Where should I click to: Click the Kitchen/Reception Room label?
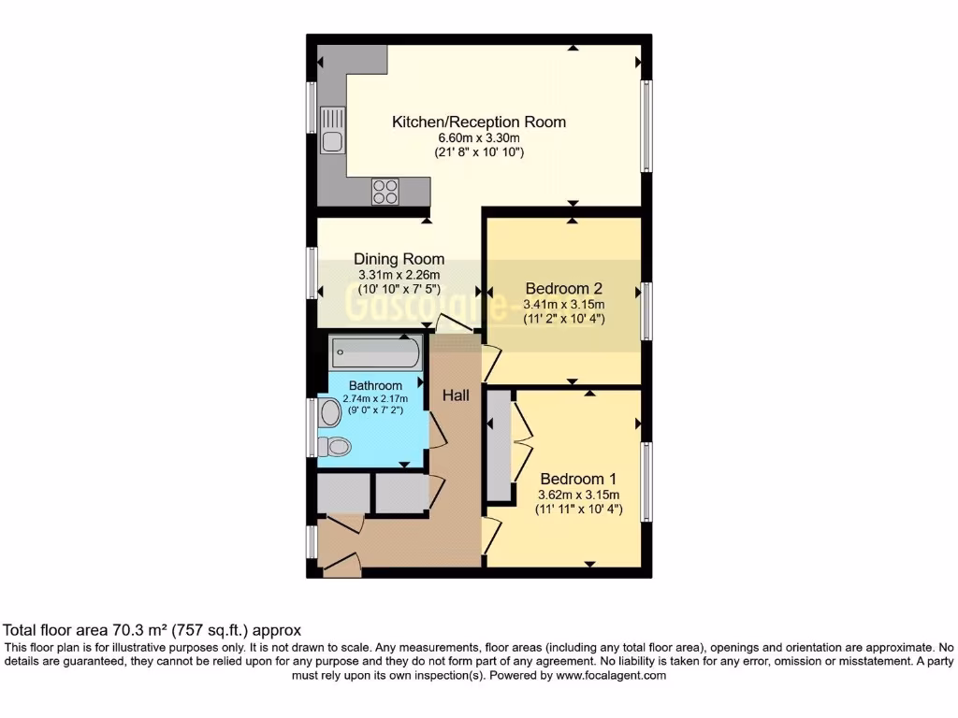coord(478,122)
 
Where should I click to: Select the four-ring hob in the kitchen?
coord(385,191)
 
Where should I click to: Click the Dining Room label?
coord(399,259)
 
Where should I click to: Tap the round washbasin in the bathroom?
coord(329,412)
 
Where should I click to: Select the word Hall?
coord(456,395)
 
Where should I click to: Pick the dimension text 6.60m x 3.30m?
coord(479,137)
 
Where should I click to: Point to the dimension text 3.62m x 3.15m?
coord(579,495)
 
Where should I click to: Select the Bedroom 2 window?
coord(646,311)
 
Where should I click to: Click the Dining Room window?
coord(312,273)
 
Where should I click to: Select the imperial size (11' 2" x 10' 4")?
coord(564,318)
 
